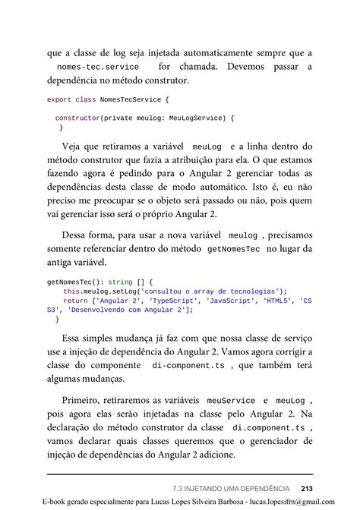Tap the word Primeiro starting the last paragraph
84,399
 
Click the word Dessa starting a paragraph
79,235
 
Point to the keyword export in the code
59,99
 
